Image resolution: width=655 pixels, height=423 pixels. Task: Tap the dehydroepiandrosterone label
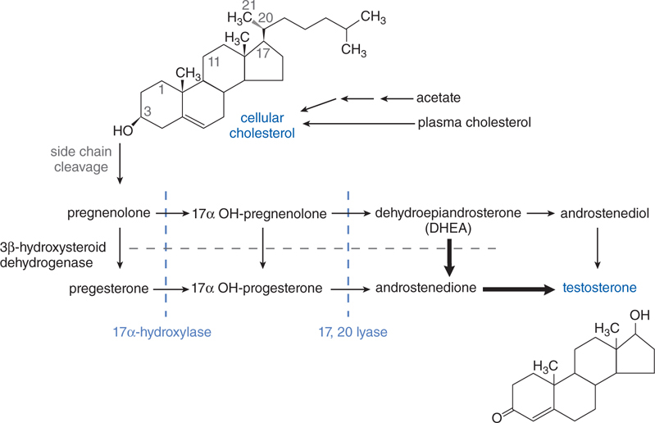click(448, 213)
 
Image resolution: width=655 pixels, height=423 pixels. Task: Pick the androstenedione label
click(426, 289)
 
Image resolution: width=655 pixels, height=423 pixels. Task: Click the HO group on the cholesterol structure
click(122, 130)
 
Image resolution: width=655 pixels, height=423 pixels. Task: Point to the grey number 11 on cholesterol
click(214, 61)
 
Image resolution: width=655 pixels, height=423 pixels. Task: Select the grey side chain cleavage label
click(81, 159)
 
